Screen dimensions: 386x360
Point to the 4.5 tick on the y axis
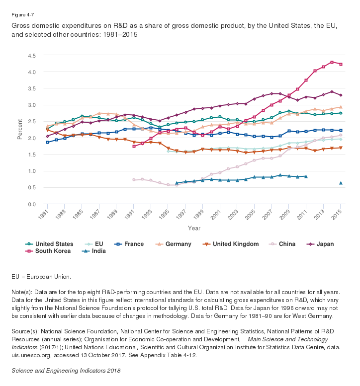32,56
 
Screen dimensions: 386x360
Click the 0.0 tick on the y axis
32,204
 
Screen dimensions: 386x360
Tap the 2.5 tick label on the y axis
32,122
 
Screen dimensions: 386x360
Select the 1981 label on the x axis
44,215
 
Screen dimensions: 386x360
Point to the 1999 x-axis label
199,215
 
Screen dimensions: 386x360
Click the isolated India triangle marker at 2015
341,183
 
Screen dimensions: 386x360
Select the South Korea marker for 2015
341,64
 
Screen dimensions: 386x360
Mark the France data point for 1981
47,142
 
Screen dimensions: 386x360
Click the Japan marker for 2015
341,95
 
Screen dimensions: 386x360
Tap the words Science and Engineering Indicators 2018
66,371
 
